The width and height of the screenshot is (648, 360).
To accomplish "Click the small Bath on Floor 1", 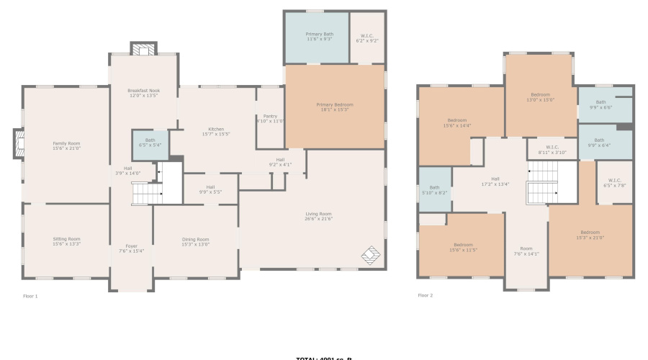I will pyautogui.click(x=150, y=143).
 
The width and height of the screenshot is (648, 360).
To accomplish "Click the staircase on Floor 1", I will pyautogui.click(x=147, y=192).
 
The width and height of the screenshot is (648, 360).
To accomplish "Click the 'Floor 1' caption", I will pyautogui.click(x=30, y=296).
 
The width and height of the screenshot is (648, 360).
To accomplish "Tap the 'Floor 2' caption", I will pyautogui.click(x=426, y=295).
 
